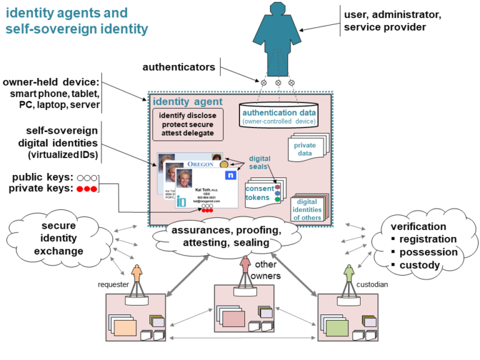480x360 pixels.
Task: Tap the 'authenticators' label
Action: (x=179, y=67)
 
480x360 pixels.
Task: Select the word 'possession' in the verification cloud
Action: (x=428, y=252)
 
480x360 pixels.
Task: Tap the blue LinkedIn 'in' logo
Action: (x=181, y=201)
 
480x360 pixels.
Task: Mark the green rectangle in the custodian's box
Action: (x=336, y=326)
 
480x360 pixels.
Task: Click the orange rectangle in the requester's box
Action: (x=125, y=326)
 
